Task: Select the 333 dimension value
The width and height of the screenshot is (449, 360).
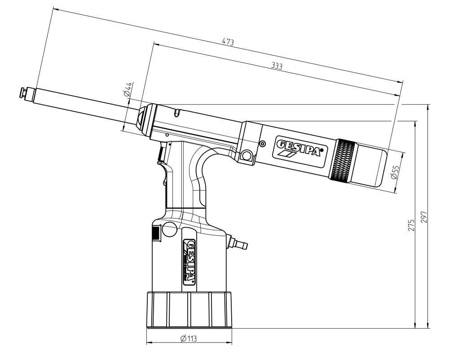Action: point(277,66)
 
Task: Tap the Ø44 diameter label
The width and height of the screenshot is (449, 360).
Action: point(128,90)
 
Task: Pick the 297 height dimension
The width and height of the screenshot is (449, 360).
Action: point(424,217)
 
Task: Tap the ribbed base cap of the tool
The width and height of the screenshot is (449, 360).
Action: point(189,310)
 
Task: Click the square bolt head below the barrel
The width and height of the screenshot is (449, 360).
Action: point(246,156)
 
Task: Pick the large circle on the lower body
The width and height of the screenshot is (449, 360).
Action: point(169,229)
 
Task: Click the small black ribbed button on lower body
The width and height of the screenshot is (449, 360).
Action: point(155,233)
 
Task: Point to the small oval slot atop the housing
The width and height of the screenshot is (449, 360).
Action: point(178,111)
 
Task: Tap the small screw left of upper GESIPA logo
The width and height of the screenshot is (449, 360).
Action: point(262,143)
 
